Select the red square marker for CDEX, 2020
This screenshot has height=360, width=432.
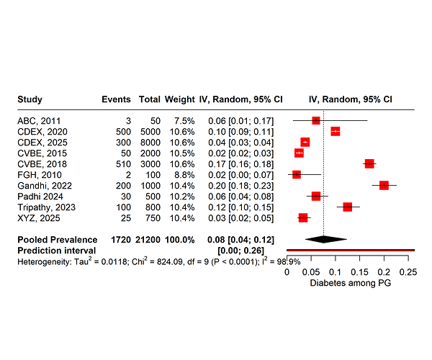[335, 131]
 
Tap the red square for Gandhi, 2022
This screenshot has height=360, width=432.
[384, 185]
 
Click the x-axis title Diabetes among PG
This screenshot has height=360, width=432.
[350, 284]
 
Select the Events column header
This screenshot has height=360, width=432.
[116, 99]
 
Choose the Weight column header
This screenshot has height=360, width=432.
[179, 99]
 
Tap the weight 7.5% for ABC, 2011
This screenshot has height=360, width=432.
[183, 120]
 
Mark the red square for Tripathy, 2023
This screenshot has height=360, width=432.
[348, 207]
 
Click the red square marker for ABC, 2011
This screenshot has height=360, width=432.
[316, 120]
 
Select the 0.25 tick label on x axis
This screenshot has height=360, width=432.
[408, 273]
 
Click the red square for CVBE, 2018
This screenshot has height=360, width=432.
[369, 163]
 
